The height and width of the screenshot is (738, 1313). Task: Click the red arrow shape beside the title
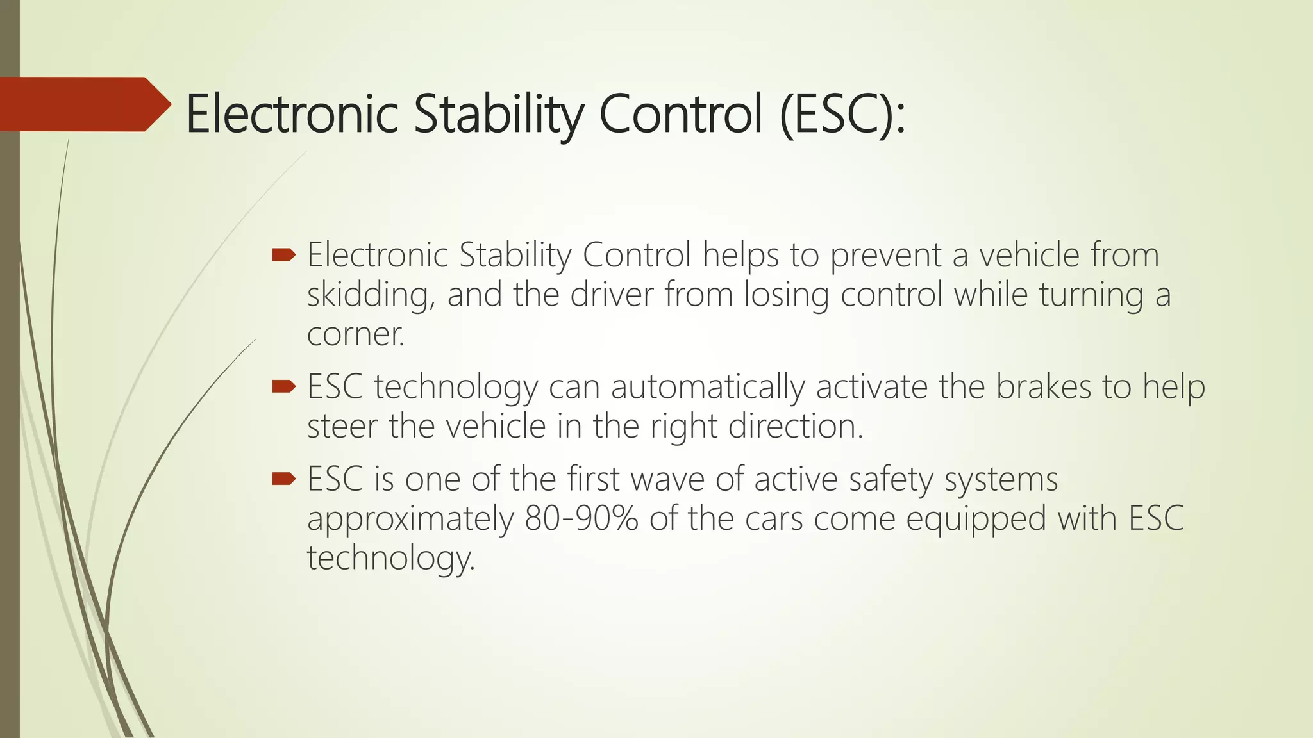(83, 104)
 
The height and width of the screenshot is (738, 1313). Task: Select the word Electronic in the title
(292, 114)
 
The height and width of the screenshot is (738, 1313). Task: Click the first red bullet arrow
(283, 256)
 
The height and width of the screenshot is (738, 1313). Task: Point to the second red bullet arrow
(283, 386)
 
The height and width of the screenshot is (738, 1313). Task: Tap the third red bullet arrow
(283, 479)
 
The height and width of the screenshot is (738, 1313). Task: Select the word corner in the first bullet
(355, 335)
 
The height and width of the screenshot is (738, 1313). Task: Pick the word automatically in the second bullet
(707, 388)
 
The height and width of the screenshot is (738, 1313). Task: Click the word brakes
(1043, 387)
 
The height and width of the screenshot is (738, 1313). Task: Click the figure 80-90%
(581, 518)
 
